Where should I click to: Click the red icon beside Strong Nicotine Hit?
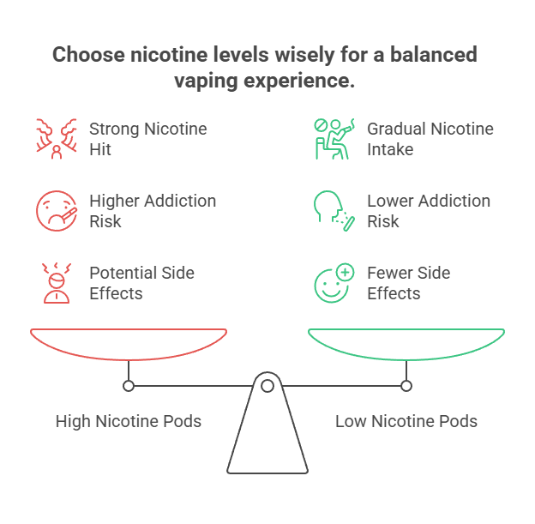[x=54, y=139]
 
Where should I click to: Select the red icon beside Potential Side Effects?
[x=54, y=284]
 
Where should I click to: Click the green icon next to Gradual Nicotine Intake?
[x=332, y=139]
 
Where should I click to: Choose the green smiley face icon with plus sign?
[x=333, y=284]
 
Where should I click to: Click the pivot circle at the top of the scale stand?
[x=267, y=387]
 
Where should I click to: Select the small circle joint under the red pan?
[x=129, y=387]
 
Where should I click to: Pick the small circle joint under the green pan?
[x=406, y=387]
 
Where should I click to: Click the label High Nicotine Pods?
[x=129, y=421]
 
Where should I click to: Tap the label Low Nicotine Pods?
[x=406, y=421]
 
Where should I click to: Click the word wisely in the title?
[x=307, y=56]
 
